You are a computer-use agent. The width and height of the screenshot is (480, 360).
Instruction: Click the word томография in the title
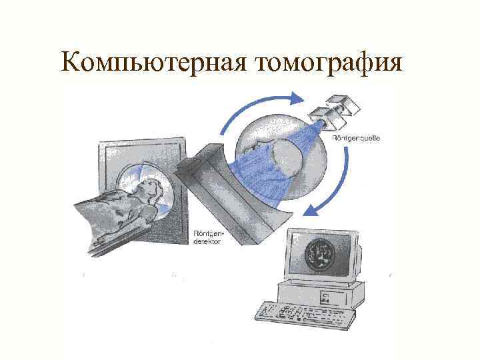point(327,63)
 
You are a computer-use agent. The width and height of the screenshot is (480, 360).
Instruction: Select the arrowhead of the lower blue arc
point(308,211)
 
